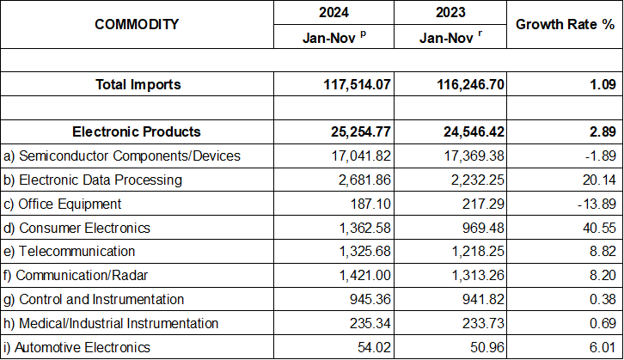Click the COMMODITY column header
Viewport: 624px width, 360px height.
[x=138, y=24]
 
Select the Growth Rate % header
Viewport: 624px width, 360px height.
[x=564, y=24]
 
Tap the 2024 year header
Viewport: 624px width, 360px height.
[x=338, y=12]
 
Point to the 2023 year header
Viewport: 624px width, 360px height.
[x=454, y=12]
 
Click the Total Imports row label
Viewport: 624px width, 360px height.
[x=138, y=85]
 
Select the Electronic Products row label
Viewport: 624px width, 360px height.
[x=137, y=131]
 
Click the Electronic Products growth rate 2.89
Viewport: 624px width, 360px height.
[x=597, y=131]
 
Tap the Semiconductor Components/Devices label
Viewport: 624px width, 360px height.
[x=122, y=156]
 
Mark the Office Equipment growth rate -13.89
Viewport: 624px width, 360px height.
[x=592, y=204]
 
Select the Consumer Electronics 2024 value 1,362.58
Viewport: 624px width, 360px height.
[x=359, y=228]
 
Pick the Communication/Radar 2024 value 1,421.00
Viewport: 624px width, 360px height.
[x=359, y=275]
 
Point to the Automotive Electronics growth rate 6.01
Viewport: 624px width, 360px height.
[x=597, y=347]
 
